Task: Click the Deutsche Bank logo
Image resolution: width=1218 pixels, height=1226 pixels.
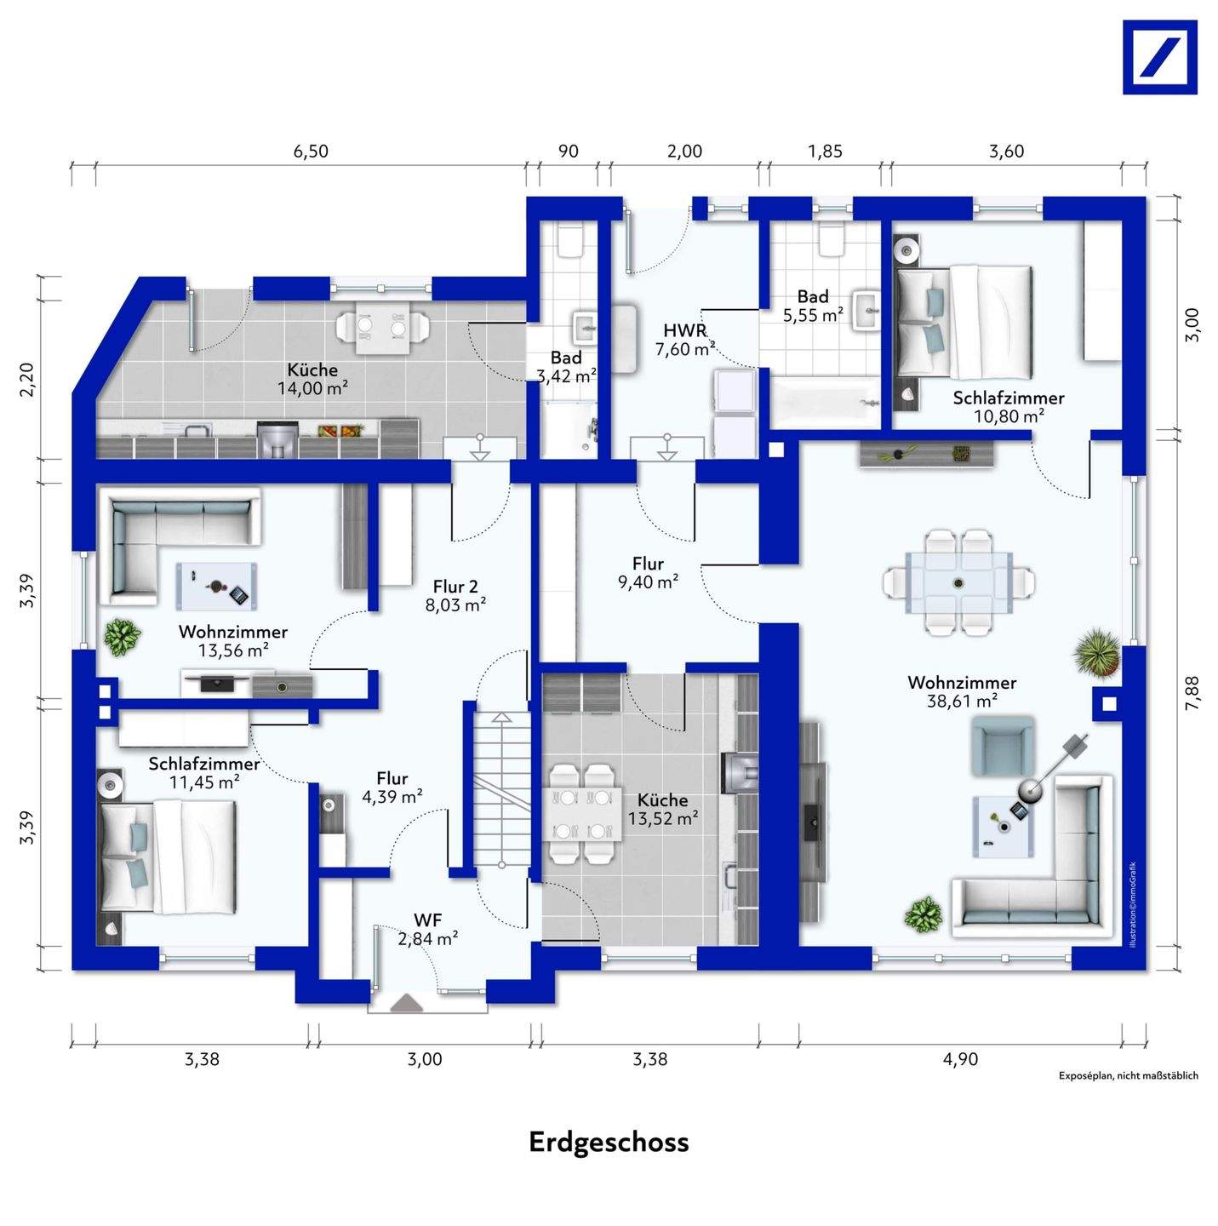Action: coord(1159,57)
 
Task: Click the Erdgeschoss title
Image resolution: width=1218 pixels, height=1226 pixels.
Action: coord(609,1142)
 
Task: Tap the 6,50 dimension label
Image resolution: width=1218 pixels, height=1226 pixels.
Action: coord(311,152)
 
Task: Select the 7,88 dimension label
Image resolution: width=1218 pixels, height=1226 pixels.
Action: coord(1192,692)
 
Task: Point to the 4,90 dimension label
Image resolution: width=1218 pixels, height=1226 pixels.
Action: coord(960,1060)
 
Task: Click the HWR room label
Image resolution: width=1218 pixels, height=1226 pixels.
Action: coord(685,330)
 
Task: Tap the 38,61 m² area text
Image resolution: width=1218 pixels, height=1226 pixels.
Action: coord(962,702)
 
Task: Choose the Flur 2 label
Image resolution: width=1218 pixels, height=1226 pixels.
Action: coord(455,587)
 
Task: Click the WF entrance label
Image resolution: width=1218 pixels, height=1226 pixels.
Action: coord(427,920)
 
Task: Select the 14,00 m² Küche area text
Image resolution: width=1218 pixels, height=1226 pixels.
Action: coord(312,389)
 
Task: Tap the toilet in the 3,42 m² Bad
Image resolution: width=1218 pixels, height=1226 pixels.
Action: coord(569,241)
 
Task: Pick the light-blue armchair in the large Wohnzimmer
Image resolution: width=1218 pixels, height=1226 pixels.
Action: coord(1003,745)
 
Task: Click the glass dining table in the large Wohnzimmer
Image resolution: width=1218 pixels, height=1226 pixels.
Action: coord(959,582)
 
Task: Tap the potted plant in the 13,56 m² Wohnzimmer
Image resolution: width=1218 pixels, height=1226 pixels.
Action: coord(123,636)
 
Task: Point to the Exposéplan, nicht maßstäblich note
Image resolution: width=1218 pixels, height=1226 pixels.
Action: coord(1128,1075)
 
